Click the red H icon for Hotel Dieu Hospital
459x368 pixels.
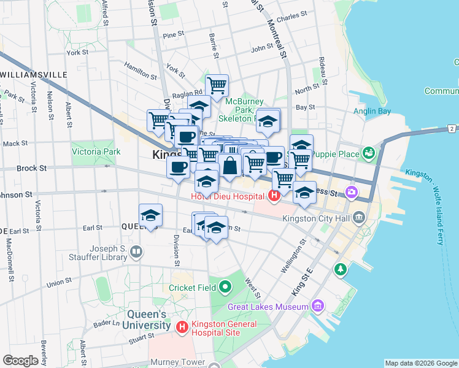(x=274, y=196)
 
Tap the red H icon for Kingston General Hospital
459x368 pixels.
(x=182, y=328)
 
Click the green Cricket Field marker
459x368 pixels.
(x=225, y=287)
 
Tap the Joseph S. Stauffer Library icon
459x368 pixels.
(x=136, y=251)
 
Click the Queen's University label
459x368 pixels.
(x=145, y=320)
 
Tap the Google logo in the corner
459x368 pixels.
(x=21, y=361)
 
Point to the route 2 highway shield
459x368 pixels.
(x=452, y=128)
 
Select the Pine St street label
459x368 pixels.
(x=173, y=36)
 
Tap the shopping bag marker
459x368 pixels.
(x=229, y=165)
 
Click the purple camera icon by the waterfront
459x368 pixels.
(x=351, y=192)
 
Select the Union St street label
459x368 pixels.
(x=59, y=283)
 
